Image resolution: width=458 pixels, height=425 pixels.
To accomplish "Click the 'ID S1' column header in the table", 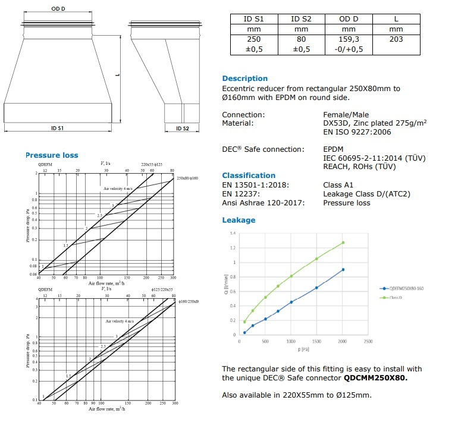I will (253, 19).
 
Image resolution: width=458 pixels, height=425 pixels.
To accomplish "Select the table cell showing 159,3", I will (349, 39).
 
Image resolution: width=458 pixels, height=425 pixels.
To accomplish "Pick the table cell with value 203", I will (396, 39).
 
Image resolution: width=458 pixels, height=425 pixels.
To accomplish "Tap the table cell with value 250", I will (253, 39).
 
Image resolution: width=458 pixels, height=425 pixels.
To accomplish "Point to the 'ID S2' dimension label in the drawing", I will (183, 128).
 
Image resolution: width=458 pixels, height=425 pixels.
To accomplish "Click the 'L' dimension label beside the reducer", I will (120, 75).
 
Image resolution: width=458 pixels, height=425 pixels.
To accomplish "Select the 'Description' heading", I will (244, 79).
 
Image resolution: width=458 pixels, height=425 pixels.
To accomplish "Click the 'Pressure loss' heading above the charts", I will (52, 155).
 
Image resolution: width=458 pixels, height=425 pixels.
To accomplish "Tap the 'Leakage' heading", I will (239, 220).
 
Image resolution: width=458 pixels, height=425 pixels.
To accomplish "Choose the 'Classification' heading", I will (249, 176).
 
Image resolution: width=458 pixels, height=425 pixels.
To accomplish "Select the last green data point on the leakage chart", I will (343, 243).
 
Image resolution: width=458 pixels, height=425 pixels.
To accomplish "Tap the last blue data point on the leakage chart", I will (343, 270).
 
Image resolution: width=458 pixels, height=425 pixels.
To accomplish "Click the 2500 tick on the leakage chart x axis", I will (368, 342).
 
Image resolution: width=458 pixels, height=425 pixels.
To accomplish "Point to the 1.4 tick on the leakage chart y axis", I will (233, 233).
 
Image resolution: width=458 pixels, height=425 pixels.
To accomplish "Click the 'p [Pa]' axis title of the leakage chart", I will (303, 349).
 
